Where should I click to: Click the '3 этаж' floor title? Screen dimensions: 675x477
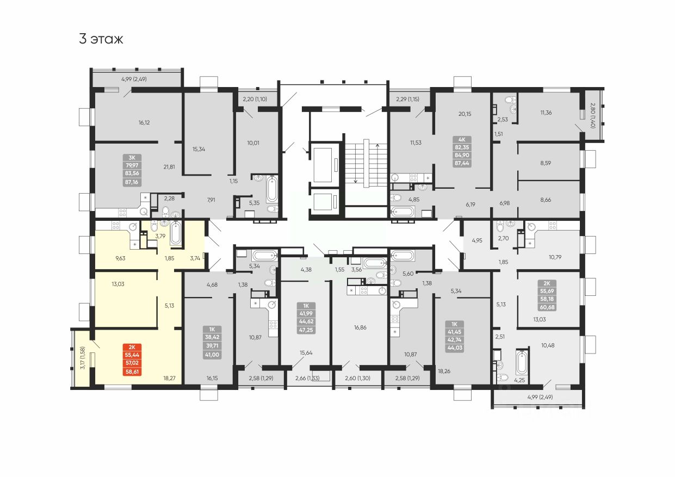click(101, 39)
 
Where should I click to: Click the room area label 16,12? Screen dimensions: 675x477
click(144, 123)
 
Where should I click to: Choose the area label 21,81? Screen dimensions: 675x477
click(169, 166)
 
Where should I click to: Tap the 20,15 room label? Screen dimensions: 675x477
click(465, 114)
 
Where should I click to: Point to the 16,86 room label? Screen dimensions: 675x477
click(360, 328)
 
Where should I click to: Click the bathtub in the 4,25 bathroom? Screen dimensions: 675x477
click(522, 364)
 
